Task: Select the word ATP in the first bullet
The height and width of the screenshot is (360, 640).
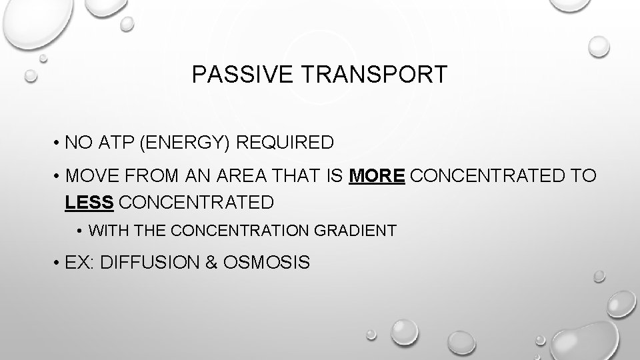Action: pyautogui.click(x=109, y=143)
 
